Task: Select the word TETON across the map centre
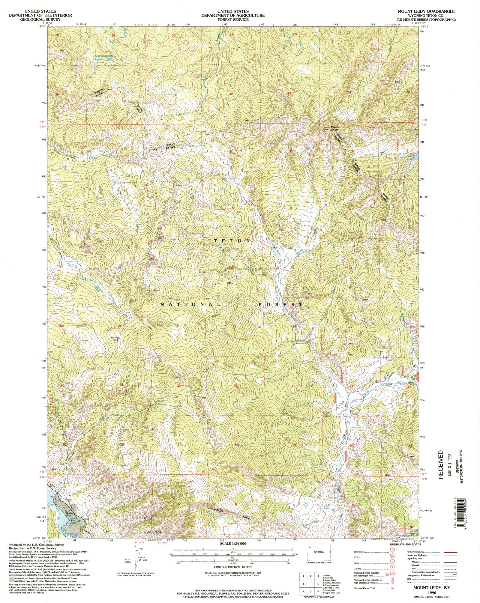[x=232, y=241]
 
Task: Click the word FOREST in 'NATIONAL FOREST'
[x=280, y=304]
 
